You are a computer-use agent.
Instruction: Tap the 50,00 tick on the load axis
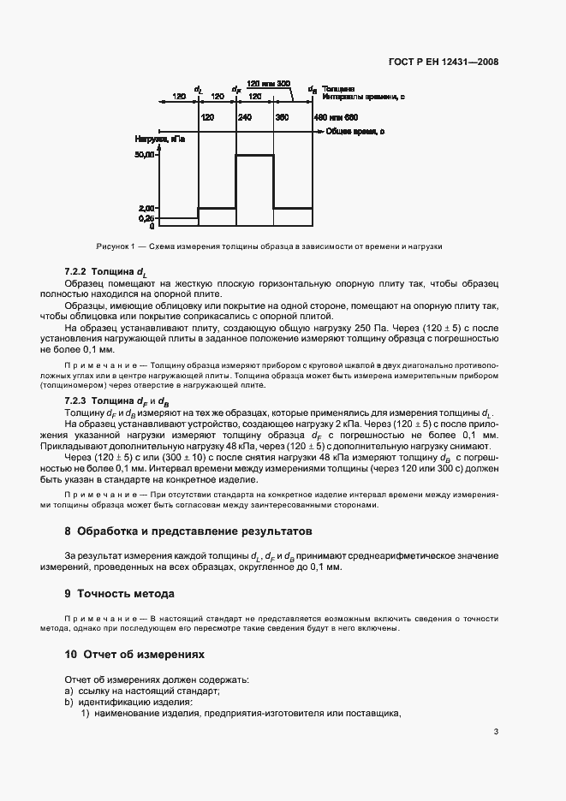click(x=146, y=155)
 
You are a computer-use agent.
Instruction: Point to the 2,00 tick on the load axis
click(x=146, y=208)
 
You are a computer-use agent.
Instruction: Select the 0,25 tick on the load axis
click(x=146, y=218)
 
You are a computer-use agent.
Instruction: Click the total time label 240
click(x=244, y=116)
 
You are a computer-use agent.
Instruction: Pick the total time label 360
click(x=283, y=116)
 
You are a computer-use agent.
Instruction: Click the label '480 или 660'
click(x=335, y=116)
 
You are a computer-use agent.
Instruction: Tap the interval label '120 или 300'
click(x=268, y=84)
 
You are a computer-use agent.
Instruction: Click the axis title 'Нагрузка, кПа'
click(x=159, y=138)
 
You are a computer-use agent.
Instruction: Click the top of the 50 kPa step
click(x=254, y=155)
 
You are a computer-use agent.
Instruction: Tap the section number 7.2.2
click(x=77, y=272)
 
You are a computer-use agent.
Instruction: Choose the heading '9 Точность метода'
click(x=119, y=593)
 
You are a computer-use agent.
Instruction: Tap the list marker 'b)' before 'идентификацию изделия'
click(x=69, y=703)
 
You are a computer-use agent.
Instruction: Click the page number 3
click(x=497, y=731)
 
